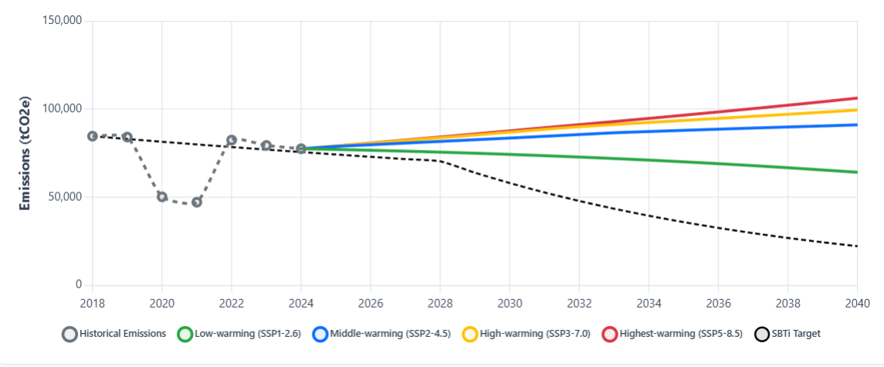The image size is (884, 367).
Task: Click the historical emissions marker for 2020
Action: tap(162, 196)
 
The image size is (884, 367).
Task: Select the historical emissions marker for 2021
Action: tap(197, 202)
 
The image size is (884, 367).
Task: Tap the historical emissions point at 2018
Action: tap(93, 136)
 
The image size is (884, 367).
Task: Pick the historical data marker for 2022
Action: tap(232, 140)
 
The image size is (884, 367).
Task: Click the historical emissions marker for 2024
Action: tap(301, 148)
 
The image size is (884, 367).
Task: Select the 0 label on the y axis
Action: tap(78, 285)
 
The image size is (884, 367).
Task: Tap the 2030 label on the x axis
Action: tap(510, 302)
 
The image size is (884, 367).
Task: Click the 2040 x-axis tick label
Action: tap(857, 302)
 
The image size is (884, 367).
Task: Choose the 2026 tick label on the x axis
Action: tap(371, 302)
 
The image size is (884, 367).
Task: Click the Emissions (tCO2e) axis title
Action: tap(25, 153)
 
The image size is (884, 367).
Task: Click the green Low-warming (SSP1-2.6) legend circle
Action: tap(185, 334)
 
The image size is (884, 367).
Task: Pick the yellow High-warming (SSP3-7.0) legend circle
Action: tap(470, 334)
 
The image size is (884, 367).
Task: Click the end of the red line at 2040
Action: tap(857, 98)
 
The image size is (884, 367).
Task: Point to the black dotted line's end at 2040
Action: tap(857, 246)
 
